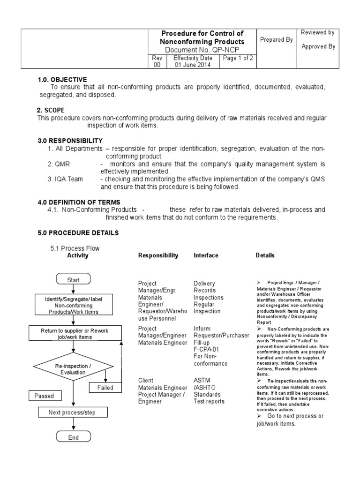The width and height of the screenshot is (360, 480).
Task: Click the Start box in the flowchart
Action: pos(73,280)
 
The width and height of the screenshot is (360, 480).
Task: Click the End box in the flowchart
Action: pos(73,437)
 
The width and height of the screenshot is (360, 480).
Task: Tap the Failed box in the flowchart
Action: pos(105,388)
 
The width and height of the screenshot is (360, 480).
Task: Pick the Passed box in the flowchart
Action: pos(44,396)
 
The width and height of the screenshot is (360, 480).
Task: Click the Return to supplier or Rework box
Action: pos(74,334)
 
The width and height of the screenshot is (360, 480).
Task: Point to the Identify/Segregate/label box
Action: pos(72,305)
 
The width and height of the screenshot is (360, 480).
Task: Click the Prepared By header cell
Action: pos(276,40)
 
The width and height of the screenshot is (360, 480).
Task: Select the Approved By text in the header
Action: pos(318,46)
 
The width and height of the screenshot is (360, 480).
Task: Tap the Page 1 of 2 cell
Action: pos(238,58)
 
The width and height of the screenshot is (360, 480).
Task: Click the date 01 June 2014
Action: pos(193,65)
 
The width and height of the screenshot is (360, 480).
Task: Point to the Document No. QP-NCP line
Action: pos(202,50)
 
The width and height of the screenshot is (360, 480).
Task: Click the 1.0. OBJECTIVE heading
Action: pos(62,80)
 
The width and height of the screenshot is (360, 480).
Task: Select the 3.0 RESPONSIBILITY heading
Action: pos(70,141)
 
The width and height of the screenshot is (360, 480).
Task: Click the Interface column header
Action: pos(206,255)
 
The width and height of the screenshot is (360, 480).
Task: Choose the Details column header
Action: pos(265,255)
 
